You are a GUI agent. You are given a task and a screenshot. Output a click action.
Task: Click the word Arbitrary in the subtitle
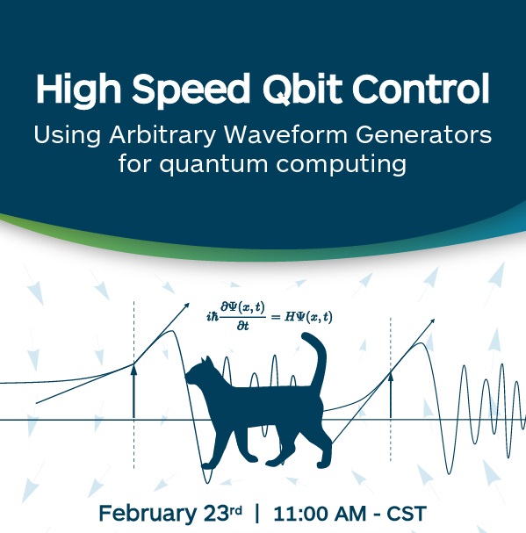point(162,135)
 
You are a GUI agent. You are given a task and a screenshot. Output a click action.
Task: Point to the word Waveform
point(285,135)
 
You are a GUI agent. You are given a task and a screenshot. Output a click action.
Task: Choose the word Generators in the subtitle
point(423,135)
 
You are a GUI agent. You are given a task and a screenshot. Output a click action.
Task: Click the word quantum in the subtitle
point(214,164)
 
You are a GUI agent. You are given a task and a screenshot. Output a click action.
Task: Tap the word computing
point(341,164)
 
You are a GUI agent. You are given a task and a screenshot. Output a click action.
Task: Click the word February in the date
point(146,514)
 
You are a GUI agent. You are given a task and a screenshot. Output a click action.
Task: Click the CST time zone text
point(407,514)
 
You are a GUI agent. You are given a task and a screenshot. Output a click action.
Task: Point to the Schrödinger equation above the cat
point(270,316)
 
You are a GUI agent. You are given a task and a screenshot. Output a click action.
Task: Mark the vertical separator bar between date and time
point(257,514)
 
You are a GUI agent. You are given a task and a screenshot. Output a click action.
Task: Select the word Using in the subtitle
point(67,135)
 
